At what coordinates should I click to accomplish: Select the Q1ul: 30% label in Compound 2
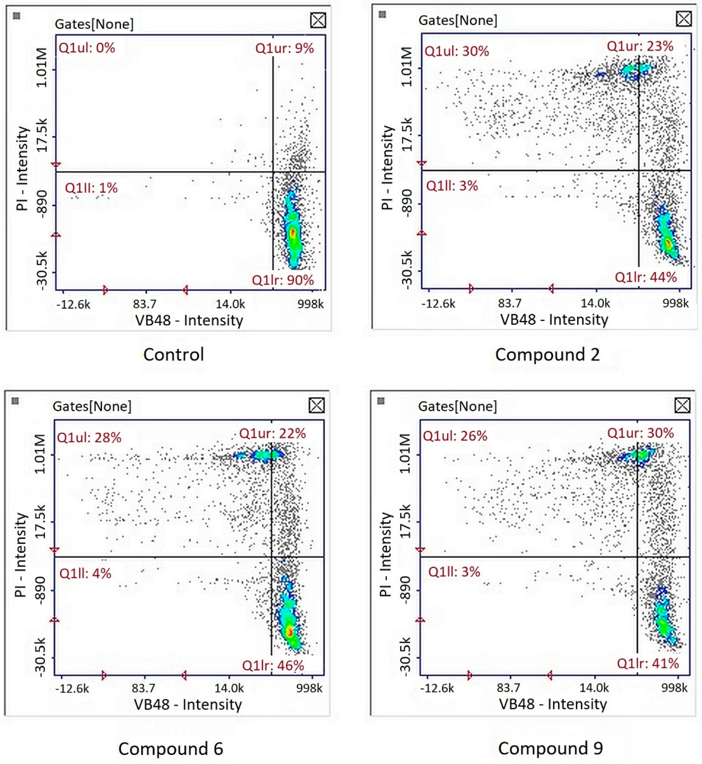coord(457,51)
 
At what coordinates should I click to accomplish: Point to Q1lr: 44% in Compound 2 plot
coord(646,277)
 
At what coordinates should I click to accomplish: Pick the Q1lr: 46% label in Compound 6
coord(273,665)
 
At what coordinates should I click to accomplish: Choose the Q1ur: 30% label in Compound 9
coord(641,433)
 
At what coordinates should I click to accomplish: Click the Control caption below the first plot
coord(174,355)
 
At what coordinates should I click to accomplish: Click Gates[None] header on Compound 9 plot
coord(457,406)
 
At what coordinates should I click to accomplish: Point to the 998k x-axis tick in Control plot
coord(310,304)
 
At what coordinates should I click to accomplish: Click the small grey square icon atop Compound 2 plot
coord(382,14)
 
